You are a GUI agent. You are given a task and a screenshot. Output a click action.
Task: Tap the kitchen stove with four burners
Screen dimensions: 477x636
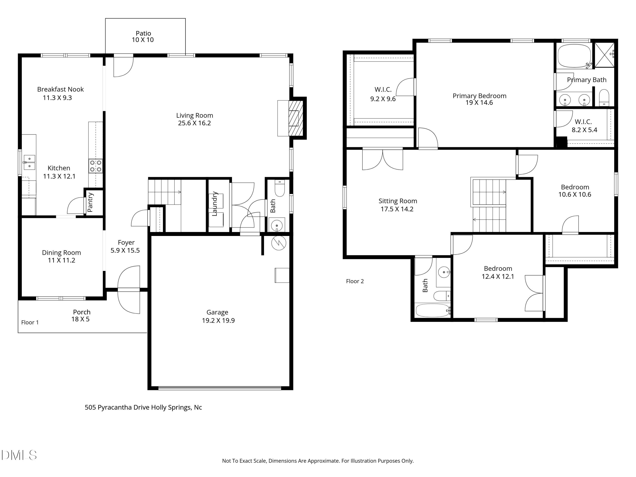tap(95, 166)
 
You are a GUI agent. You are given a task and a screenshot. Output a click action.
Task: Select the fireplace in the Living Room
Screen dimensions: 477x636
tap(295, 118)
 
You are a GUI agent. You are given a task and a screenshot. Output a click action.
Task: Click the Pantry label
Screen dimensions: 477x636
tap(90, 202)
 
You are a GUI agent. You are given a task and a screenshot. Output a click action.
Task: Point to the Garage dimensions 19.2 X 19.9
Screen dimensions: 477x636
tap(218, 321)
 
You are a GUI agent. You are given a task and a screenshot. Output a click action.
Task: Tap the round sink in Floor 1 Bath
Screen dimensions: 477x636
tap(277, 225)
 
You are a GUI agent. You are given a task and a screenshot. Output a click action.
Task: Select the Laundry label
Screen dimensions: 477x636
tap(215, 204)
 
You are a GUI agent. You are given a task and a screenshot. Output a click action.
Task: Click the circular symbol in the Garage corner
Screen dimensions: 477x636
tap(279, 243)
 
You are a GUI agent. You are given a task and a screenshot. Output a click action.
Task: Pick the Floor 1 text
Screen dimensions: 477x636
tap(30, 322)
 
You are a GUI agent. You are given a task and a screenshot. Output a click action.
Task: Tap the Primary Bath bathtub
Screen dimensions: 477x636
tap(574, 56)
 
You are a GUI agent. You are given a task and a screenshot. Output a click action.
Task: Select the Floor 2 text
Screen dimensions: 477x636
tap(355, 281)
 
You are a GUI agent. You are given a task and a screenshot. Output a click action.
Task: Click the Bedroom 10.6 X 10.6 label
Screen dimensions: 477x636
tap(575, 191)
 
